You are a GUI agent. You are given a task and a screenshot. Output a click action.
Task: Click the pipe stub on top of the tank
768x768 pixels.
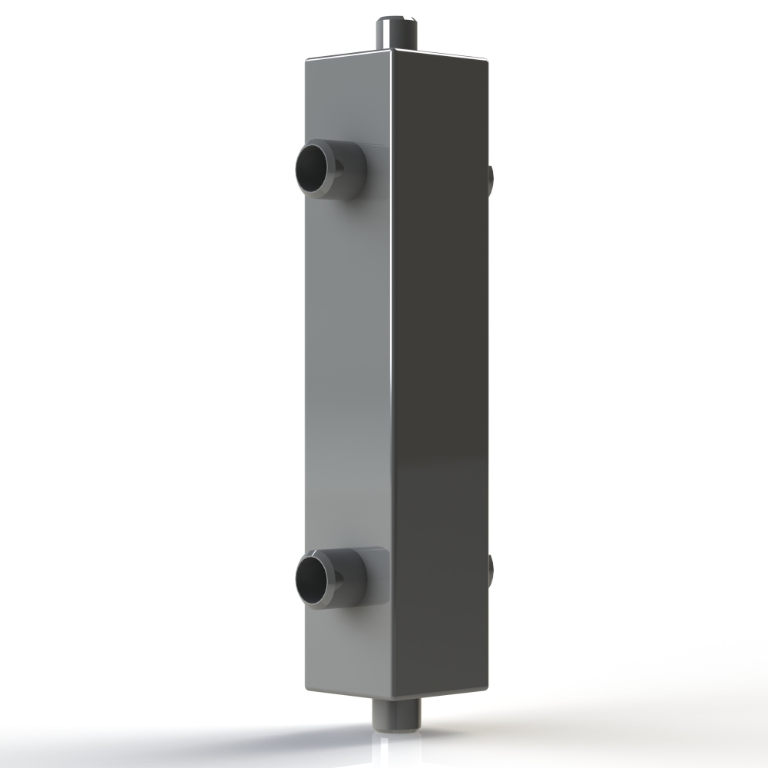point(396,32)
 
